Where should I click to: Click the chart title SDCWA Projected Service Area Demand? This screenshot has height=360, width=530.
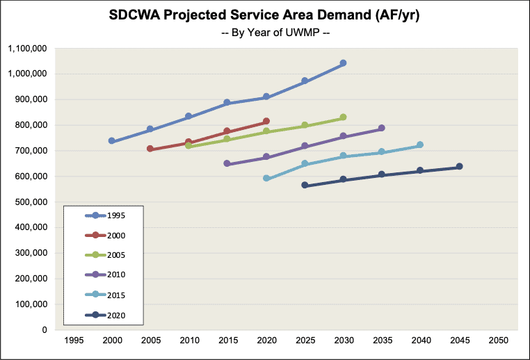[265, 15]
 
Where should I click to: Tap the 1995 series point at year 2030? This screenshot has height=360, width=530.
[343, 63]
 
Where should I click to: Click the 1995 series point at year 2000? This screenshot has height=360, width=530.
[111, 141]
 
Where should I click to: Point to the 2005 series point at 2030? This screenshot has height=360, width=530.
[343, 117]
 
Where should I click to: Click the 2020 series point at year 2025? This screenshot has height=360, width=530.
[305, 186]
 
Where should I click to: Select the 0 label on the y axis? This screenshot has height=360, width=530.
[42, 330]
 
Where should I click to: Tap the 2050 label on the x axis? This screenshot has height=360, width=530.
[497, 342]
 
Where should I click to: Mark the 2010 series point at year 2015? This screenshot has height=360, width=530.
[227, 163]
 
